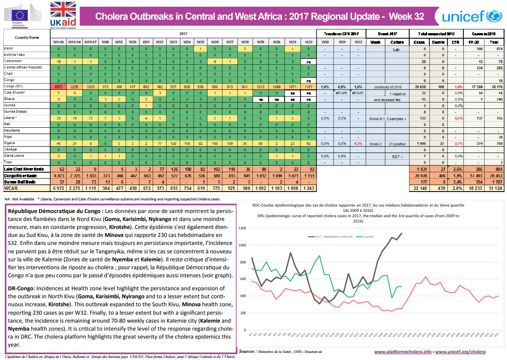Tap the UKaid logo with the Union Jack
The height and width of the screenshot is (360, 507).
click(x=63, y=15)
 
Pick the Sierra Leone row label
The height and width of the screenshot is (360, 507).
click(x=14, y=155)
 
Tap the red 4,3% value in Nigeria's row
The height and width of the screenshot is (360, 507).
click(x=358, y=143)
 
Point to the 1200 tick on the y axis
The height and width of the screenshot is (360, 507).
click(x=241, y=228)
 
